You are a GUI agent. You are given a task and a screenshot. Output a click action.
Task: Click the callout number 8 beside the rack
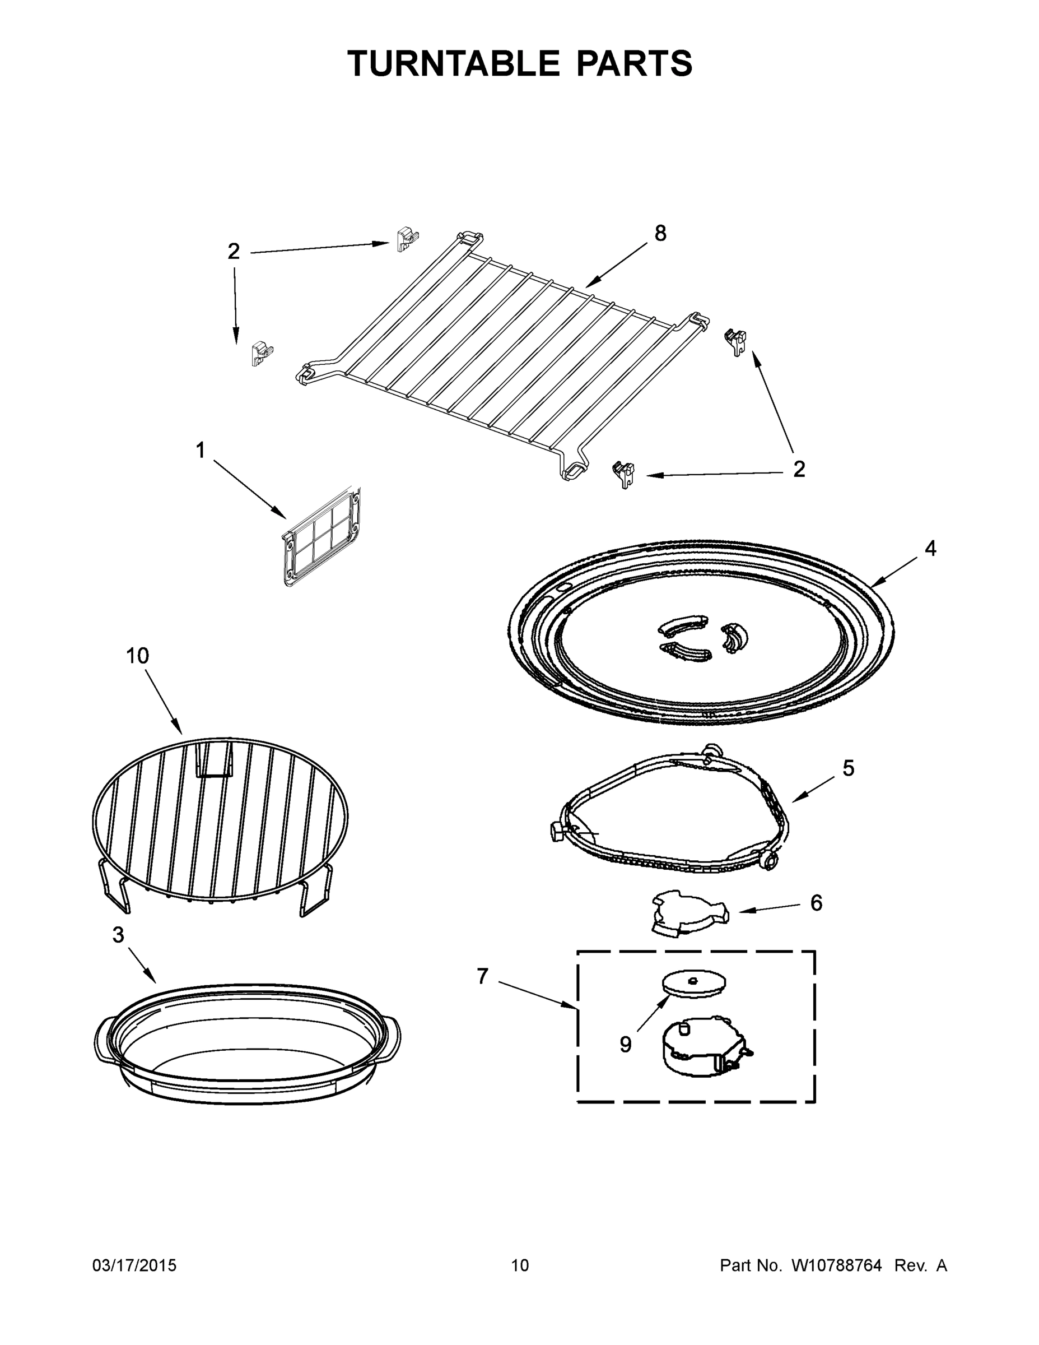pos(660,233)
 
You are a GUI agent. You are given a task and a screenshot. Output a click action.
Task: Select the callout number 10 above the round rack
pos(138,656)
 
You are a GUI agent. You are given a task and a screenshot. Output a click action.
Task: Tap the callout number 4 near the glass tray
pos(930,548)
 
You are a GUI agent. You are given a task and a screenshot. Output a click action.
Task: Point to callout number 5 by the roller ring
pos(848,768)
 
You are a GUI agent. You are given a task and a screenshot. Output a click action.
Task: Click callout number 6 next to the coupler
pos(816,903)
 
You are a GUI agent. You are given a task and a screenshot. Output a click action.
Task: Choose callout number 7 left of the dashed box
pos(482,976)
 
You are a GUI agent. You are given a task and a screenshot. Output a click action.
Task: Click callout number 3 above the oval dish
pos(118,935)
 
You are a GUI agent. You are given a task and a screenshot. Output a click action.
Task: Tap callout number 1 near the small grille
pos(200,450)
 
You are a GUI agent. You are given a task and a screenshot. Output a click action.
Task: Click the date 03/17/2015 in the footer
pos(134,1265)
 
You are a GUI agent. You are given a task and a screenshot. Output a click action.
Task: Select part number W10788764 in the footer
pos(836,1265)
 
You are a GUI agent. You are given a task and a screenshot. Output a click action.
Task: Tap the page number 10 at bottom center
pos(520,1265)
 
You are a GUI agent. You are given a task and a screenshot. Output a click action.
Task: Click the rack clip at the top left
pos(407,238)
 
